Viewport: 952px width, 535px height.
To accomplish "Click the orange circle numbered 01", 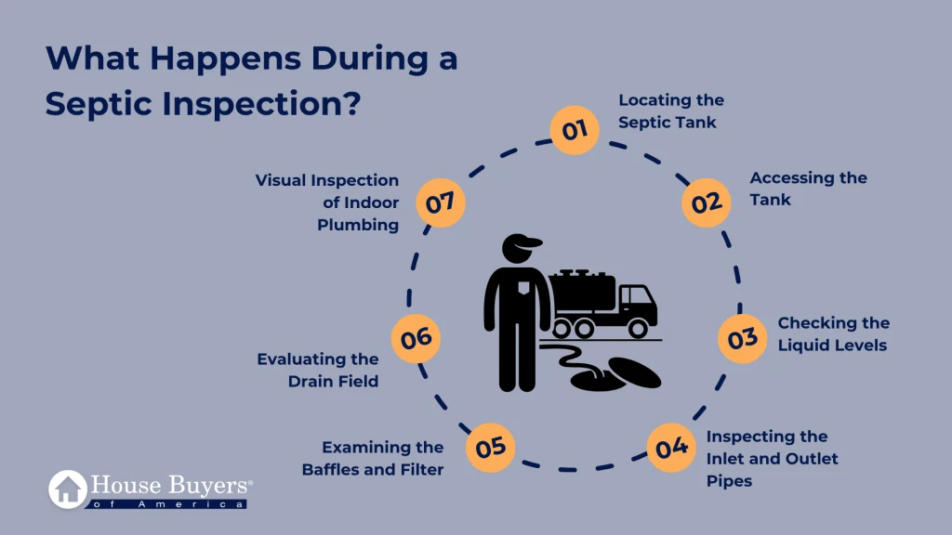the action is [575, 130].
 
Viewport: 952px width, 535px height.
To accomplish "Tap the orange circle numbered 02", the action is [707, 202].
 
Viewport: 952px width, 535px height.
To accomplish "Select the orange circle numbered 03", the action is [742, 338].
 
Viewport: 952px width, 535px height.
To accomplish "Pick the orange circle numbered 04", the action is [671, 448].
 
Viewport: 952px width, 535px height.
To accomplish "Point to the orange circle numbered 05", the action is [490, 448].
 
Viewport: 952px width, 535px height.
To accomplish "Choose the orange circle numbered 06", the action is [416, 338].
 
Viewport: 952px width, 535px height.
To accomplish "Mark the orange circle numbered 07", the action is [440, 202].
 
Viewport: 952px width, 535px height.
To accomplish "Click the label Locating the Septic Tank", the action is [671, 111].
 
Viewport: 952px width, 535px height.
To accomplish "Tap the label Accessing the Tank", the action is [808, 189].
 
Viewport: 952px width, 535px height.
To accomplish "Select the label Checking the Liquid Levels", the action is [834, 334].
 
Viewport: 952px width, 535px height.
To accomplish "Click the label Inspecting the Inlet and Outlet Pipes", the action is [772, 459].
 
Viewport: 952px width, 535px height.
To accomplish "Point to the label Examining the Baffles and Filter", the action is [373, 459].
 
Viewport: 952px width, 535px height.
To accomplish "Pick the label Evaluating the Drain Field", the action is [318, 370].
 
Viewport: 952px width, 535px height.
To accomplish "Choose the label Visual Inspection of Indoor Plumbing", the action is [326, 202].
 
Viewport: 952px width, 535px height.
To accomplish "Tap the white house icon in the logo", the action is [68, 489].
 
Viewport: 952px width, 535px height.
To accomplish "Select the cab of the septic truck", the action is [637, 304].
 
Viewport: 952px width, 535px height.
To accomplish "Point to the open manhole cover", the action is [634, 372].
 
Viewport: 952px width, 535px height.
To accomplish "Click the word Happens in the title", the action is [225, 59].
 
